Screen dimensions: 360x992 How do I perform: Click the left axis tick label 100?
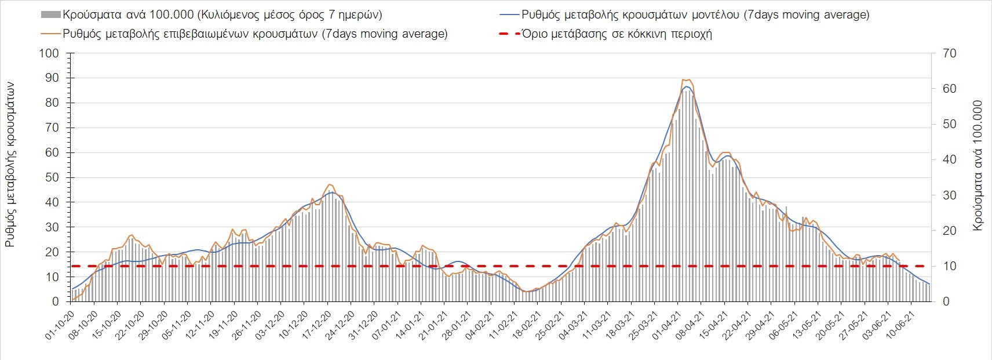[48, 53]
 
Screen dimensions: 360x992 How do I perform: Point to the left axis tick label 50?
[52, 177]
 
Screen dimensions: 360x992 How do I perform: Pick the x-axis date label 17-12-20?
[315, 324]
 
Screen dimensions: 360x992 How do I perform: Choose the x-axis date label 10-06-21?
[899, 324]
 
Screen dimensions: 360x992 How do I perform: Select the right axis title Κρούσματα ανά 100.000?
[978, 166]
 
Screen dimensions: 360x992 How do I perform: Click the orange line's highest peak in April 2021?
[686, 79]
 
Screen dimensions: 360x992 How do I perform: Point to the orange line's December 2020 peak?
[329, 184]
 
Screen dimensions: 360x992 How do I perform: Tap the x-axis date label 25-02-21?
[549, 324]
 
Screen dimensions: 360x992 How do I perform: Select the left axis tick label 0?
[55, 301]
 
